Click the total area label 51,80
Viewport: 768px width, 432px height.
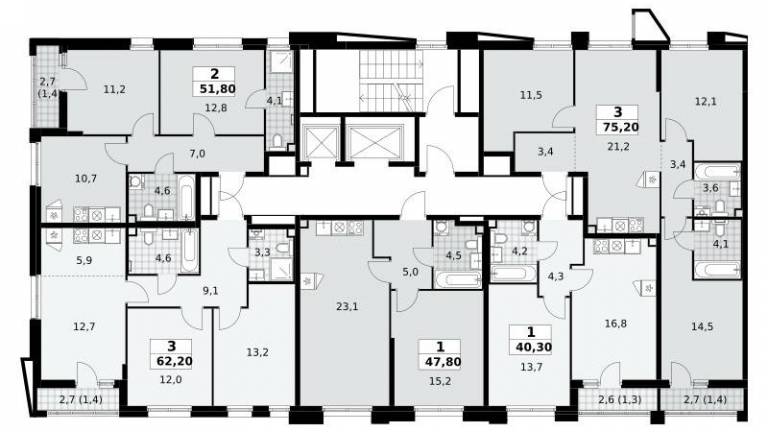217,89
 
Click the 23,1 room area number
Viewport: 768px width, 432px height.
347,307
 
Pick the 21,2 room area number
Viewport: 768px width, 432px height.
618,146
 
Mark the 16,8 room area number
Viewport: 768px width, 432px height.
615,324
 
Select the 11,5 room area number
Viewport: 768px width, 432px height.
531,95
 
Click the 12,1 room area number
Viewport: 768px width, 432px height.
706,102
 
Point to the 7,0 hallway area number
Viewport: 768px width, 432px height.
197,154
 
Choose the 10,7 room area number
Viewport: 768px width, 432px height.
86,179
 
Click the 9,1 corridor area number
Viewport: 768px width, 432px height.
210,291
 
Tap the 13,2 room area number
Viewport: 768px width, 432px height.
257,352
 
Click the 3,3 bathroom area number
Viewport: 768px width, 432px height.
263,253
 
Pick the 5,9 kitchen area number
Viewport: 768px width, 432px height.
84,261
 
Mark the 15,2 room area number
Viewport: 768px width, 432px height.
440,381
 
